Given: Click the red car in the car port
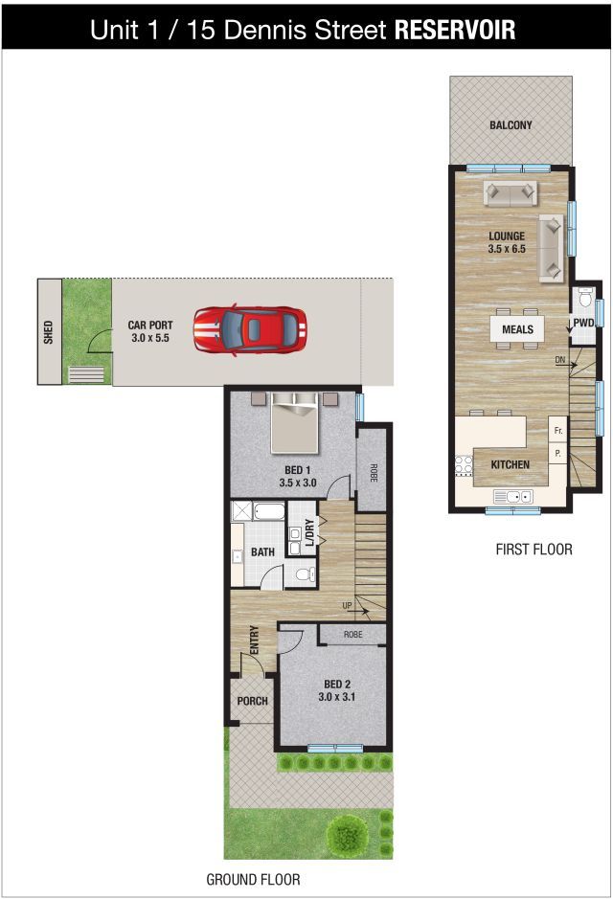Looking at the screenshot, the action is point(249,329).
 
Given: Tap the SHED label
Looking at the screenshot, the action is point(48,332).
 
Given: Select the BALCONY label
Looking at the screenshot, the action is point(511,125).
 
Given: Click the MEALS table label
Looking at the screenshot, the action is point(517,329).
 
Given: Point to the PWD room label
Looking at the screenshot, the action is point(583,323).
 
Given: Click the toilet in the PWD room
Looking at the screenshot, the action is point(585,297).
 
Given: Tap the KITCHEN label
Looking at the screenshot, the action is point(510,464).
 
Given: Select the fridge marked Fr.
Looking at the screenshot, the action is point(558,431).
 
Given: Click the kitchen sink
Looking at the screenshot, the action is point(512,497).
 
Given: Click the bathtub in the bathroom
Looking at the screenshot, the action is point(269,511).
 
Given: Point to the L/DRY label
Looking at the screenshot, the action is point(309,532).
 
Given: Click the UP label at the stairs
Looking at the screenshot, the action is point(347,605).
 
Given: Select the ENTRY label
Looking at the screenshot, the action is point(255,640).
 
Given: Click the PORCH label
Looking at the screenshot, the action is point(252,701).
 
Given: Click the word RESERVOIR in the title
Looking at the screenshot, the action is point(455,30).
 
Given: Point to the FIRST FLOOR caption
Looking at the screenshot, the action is point(534,550).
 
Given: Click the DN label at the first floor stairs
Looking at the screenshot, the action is point(560,360).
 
